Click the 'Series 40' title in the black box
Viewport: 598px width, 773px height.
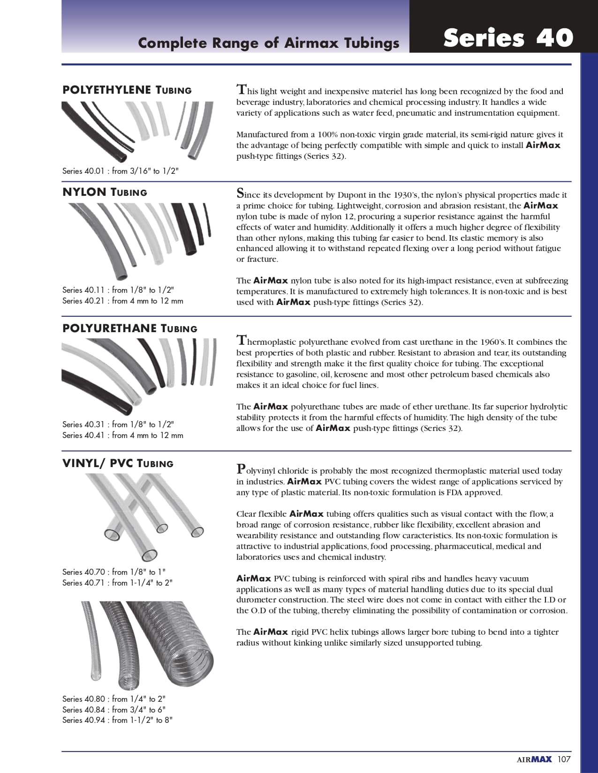point(508,38)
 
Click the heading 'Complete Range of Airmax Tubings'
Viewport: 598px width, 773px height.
point(268,43)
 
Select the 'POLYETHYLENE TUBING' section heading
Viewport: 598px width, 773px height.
point(127,90)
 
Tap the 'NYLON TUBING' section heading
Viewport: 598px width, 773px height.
point(105,192)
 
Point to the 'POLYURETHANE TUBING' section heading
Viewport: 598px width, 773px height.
point(130,328)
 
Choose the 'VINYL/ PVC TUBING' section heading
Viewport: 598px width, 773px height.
point(118,463)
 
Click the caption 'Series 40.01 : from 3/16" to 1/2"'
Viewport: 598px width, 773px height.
point(121,171)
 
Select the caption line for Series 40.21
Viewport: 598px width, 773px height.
point(122,301)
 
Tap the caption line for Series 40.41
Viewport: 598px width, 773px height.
point(122,435)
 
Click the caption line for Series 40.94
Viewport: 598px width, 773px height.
point(117,720)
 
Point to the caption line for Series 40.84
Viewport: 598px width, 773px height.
point(114,710)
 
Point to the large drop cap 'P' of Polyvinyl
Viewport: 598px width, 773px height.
point(241,468)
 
